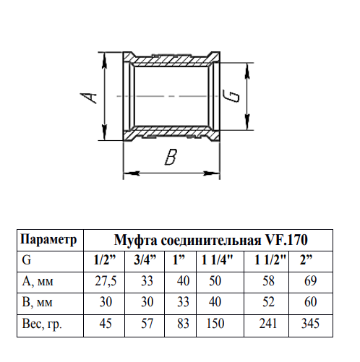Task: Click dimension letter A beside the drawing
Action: point(88,98)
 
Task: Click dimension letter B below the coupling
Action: point(171,157)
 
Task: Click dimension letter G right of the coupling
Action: point(231,96)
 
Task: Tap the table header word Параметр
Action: point(48,240)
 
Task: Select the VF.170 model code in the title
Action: point(286,240)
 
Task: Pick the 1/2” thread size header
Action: point(105,260)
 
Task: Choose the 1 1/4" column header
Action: point(217,260)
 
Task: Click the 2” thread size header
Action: point(306,260)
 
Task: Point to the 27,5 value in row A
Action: point(106,281)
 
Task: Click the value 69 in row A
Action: point(310,281)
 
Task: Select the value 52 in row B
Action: point(268,302)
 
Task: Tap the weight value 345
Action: point(310,323)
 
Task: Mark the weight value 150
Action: point(215,323)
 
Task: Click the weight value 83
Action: point(183,323)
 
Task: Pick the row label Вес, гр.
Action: point(42,324)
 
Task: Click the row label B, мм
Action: point(37,302)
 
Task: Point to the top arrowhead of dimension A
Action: point(104,60)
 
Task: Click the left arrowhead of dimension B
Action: point(132,173)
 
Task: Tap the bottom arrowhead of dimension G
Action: point(247,122)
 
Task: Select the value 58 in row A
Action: point(268,281)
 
